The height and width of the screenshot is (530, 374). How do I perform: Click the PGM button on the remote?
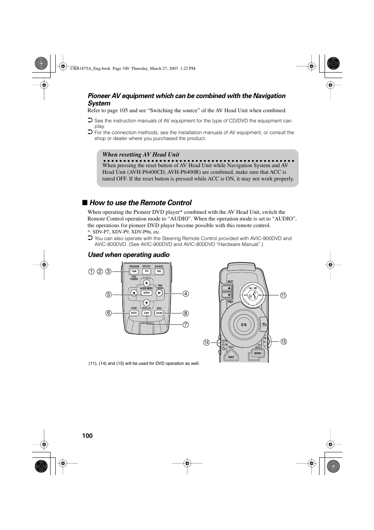coord(134,271)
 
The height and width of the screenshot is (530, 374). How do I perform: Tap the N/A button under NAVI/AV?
coord(147,271)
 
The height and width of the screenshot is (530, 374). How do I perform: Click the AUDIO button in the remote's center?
coord(147,293)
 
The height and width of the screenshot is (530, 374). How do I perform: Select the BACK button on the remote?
coord(134,313)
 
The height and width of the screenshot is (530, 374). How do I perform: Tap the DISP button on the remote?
coord(147,313)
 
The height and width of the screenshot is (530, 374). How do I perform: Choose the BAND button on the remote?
coord(159,313)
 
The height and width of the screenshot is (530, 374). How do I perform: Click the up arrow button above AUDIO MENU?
coord(146,283)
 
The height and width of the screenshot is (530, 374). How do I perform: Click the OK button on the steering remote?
coord(244,325)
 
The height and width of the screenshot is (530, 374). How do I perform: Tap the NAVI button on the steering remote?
coord(231,357)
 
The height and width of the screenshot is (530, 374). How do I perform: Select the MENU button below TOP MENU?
coord(257,353)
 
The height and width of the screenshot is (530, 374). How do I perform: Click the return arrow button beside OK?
coord(264,324)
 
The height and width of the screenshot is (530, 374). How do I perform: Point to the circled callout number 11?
coord(283,295)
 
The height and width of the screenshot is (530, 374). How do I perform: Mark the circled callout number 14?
coord(207,342)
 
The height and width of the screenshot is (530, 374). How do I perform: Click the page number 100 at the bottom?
coord(87,435)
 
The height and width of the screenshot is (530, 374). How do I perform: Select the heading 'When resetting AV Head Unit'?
coord(141,155)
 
